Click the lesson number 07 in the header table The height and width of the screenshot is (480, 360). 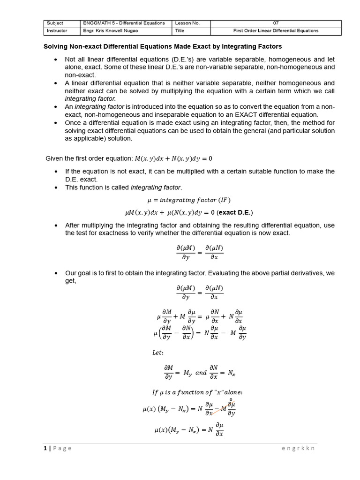[276, 23]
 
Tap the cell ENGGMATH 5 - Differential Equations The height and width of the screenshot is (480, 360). [124, 23]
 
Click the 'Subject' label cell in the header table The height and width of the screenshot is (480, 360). [55, 23]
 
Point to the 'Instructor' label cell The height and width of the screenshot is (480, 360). [57, 31]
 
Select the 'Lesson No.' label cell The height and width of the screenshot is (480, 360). [187, 23]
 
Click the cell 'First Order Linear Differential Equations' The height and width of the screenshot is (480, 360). [276, 31]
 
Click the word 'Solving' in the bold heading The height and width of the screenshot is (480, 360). [56, 47]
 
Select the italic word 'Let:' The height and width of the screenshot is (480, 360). [158, 352]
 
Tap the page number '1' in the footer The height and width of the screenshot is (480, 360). [45, 448]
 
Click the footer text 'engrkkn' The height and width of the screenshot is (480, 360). [298, 448]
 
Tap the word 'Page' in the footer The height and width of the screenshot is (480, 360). [62, 448]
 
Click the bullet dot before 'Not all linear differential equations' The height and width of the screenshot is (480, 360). [55, 60]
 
